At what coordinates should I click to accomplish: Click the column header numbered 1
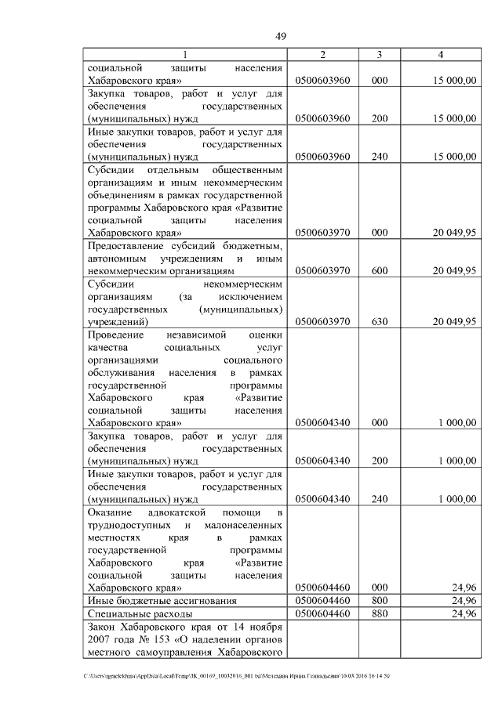[185, 55]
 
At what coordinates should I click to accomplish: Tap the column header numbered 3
[380, 55]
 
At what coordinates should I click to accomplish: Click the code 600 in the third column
[380, 271]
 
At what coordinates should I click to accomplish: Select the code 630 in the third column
[380, 322]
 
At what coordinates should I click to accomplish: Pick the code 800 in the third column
[380, 600]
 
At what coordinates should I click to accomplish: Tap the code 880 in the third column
[380, 613]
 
